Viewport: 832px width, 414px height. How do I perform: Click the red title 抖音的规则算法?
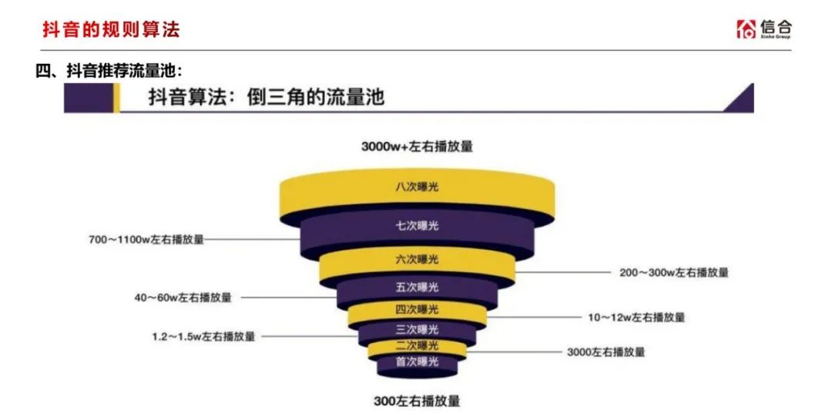point(112,29)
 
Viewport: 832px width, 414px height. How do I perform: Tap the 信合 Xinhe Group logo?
point(763,29)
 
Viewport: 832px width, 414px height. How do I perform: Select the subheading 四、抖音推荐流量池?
point(109,71)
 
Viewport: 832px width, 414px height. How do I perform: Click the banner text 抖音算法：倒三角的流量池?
point(266,98)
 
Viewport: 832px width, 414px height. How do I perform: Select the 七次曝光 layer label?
point(417,226)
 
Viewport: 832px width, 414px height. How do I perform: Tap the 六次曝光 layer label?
point(417,260)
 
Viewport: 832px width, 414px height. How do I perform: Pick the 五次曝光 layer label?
point(417,287)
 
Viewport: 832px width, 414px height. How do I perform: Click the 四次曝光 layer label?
point(417,309)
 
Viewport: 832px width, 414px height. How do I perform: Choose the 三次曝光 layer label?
point(417,329)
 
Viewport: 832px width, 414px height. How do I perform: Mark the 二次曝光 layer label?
point(417,346)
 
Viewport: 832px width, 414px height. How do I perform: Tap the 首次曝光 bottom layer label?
point(417,362)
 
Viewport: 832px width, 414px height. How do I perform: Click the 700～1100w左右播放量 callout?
point(146,239)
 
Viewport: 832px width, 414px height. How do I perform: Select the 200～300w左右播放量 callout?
point(674,273)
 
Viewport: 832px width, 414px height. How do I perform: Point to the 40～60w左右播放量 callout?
point(183,298)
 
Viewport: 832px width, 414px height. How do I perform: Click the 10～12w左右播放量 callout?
point(636,318)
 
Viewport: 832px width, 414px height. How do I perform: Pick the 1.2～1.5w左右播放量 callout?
point(203,336)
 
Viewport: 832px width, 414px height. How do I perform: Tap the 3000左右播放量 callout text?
point(606,352)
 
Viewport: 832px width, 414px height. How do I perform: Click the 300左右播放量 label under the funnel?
point(417,401)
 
